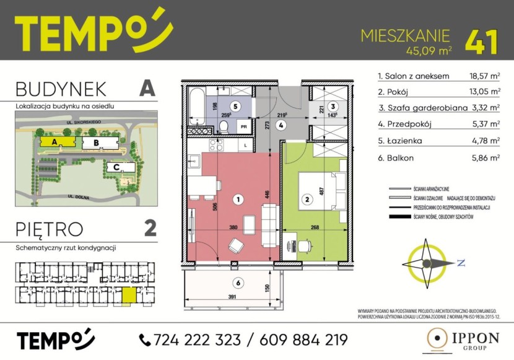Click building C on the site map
[116, 167]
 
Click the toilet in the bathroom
[224, 126]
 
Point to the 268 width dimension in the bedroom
[315, 227]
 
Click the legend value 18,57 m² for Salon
[485, 77]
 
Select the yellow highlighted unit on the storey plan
[127, 296]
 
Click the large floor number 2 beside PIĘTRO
[149, 229]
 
